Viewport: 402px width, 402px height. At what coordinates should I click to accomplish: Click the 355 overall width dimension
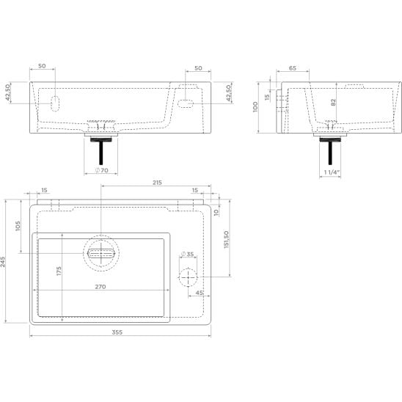[117, 332]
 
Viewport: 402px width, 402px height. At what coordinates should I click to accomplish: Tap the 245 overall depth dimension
[3, 261]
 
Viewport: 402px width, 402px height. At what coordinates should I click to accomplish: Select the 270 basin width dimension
[100, 287]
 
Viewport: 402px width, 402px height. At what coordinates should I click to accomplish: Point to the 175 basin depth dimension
[59, 271]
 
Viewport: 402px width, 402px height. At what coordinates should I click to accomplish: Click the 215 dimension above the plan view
[157, 182]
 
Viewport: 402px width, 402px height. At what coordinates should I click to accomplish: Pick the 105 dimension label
[18, 226]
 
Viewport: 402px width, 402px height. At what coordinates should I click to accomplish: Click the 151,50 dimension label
[226, 239]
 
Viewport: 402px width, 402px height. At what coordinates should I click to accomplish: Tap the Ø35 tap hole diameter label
[187, 254]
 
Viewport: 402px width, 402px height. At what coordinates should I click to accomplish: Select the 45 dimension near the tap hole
[200, 293]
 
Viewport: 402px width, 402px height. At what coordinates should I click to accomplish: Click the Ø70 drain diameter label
[102, 170]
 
